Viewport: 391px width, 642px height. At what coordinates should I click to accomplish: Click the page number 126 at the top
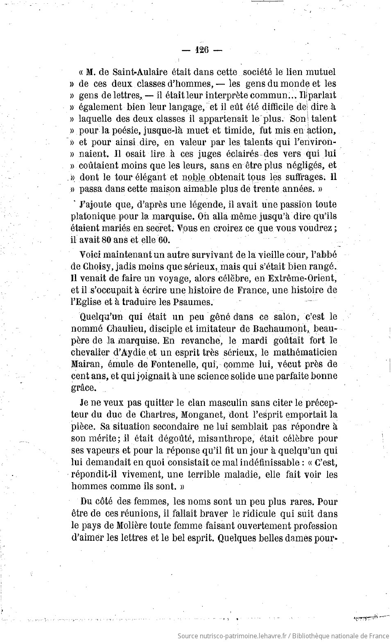click(x=202, y=50)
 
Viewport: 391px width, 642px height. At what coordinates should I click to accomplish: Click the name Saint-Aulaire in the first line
click(x=134, y=72)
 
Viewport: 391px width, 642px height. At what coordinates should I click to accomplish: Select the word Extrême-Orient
click(x=302, y=278)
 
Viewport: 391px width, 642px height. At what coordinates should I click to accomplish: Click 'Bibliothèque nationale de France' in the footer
click(x=341, y=635)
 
